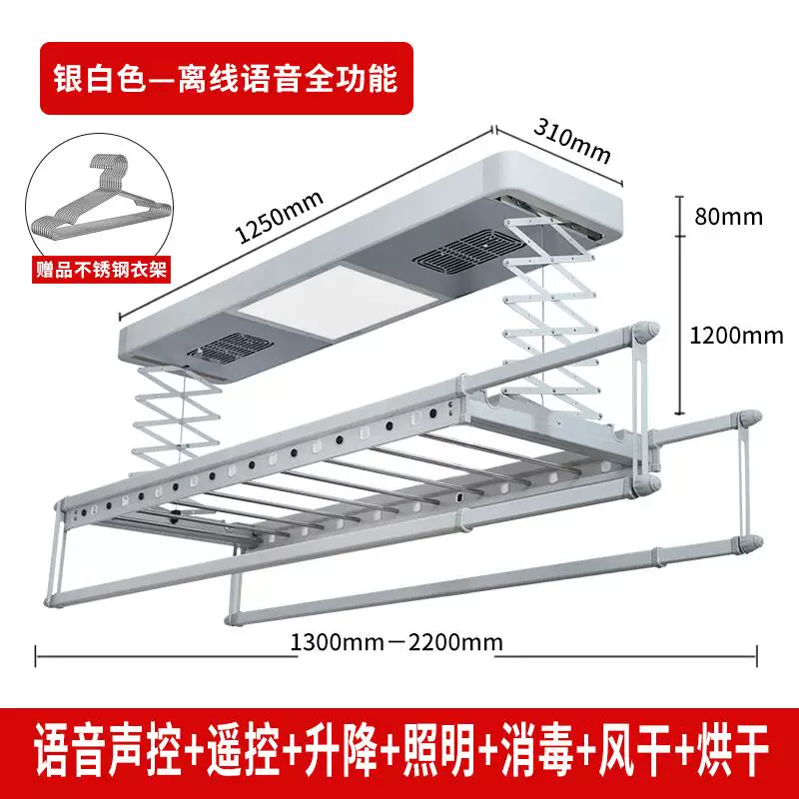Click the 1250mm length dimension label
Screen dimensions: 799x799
point(280,217)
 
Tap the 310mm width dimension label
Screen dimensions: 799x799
point(571,142)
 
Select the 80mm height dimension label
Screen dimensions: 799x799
point(729,217)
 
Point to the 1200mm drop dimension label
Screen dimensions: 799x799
point(736,336)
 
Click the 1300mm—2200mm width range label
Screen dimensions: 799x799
point(397,642)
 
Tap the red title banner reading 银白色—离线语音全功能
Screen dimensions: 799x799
point(227,78)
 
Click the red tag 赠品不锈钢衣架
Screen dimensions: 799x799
point(102,269)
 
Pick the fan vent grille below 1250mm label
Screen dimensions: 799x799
point(230,349)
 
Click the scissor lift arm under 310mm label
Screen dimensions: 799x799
point(552,306)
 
